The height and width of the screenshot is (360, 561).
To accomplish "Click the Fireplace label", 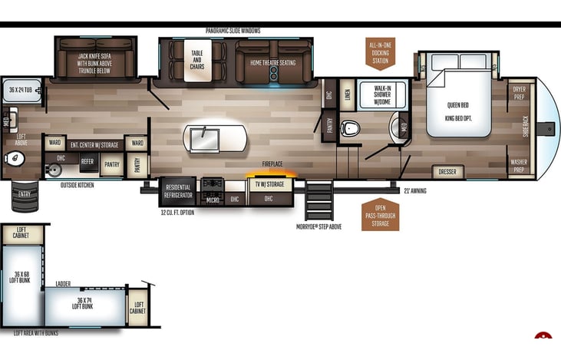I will click(x=272, y=163).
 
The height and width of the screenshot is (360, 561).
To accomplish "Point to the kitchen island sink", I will click(x=206, y=138).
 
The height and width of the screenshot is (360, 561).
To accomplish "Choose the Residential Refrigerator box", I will click(x=177, y=192).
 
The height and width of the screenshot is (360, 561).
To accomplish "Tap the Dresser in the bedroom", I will click(x=447, y=172).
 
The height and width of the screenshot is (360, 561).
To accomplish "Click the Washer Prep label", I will click(x=520, y=165).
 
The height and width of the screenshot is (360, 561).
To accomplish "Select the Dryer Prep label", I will click(x=520, y=93).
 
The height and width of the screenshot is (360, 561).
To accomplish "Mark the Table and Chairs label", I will click(x=198, y=61).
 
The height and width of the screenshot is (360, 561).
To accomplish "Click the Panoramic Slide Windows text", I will click(x=233, y=31).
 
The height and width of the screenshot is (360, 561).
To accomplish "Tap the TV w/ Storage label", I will click(x=269, y=184).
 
